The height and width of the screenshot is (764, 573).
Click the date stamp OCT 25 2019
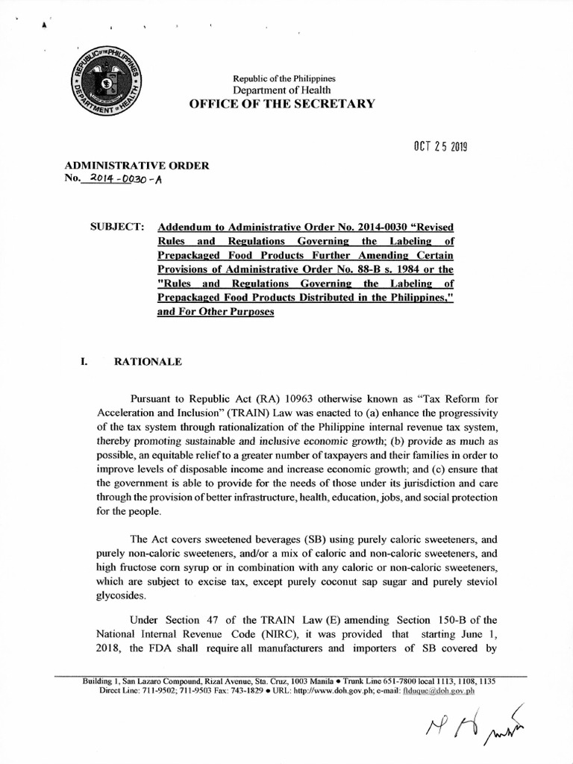click(432, 147)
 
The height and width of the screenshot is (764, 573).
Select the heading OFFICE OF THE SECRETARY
click(284, 103)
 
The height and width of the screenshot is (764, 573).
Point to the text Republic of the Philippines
click(284, 78)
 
